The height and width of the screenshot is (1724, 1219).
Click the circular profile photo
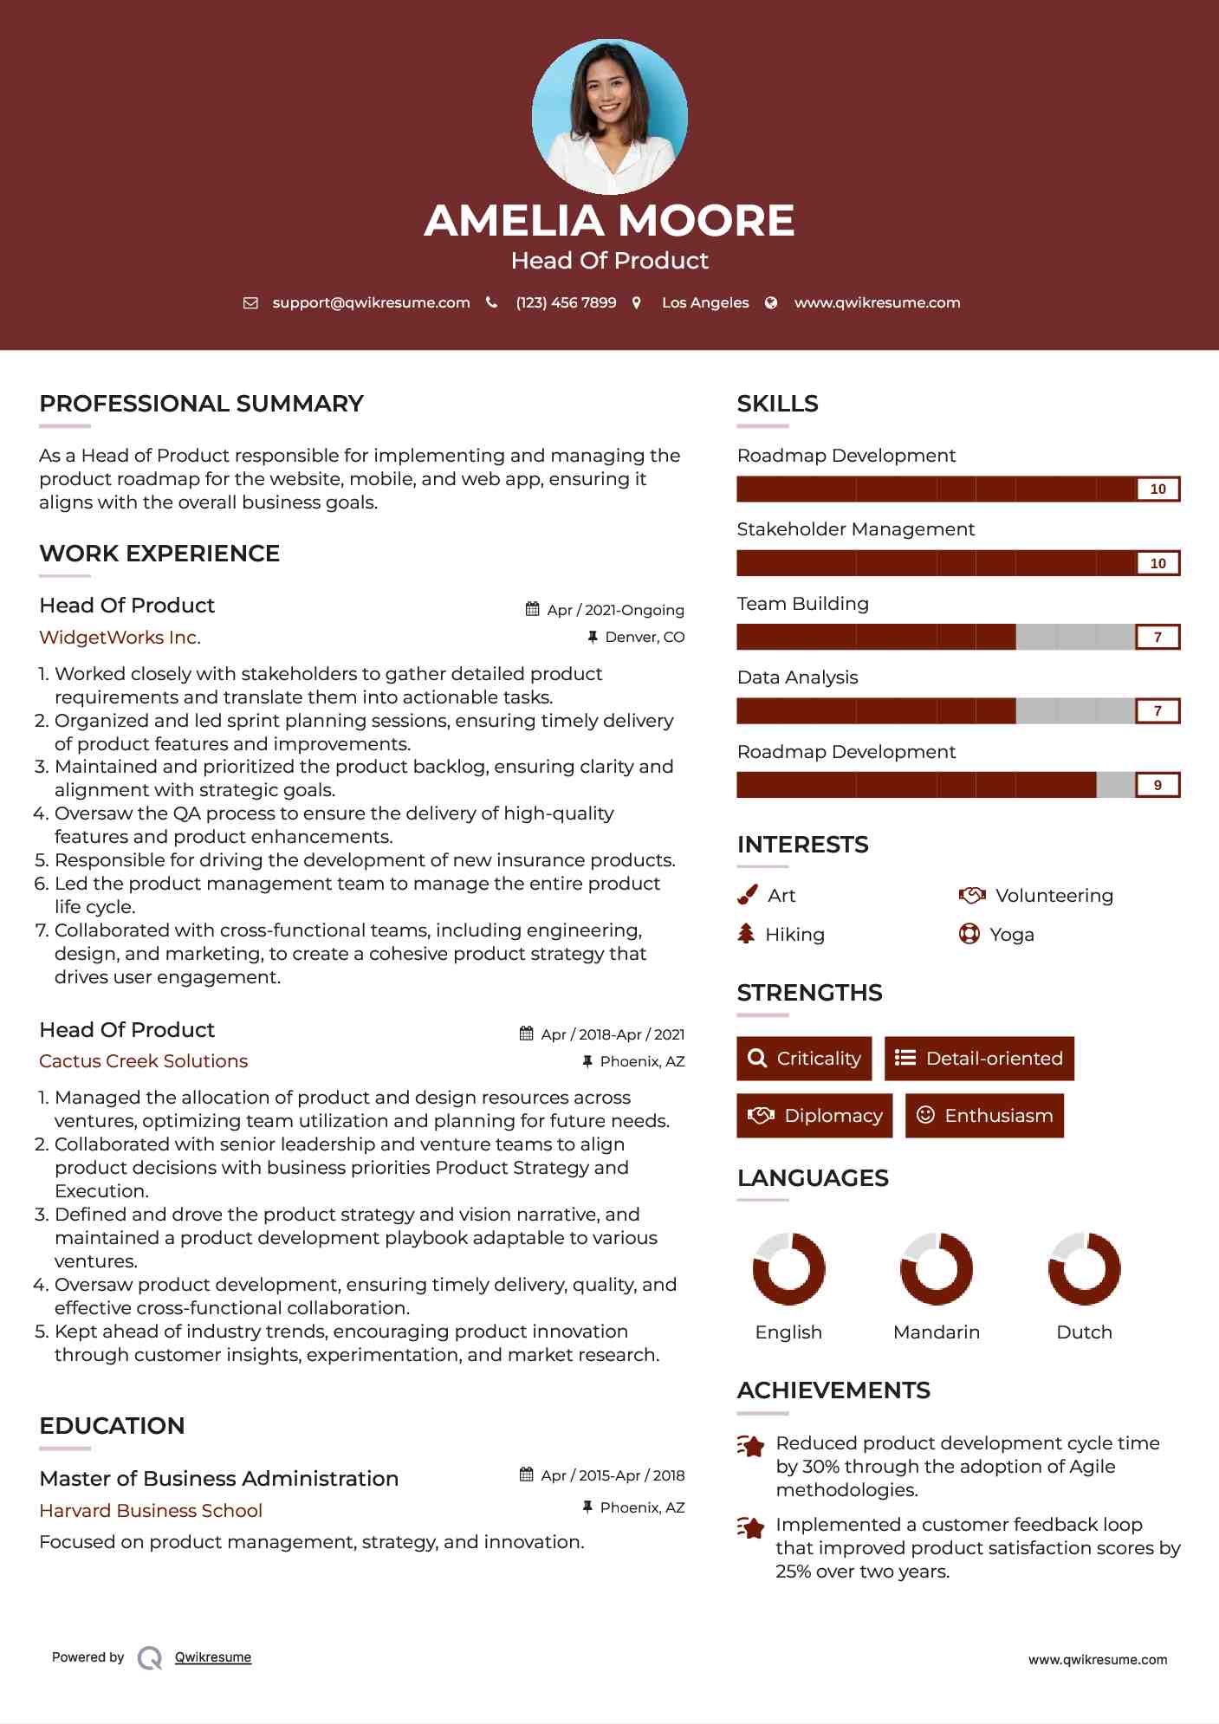click(x=609, y=116)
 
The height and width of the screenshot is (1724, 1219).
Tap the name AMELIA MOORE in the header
click(x=609, y=220)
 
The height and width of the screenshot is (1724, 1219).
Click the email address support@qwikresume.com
click(x=371, y=302)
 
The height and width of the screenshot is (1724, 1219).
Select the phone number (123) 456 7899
click(x=566, y=302)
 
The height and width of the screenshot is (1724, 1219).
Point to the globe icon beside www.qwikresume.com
click(x=771, y=302)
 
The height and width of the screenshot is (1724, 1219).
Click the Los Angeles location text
click(x=705, y=302)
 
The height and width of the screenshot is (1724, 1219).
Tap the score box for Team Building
click(x=1157, y=637)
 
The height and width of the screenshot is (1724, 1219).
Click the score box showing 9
click(x=1157, y=785)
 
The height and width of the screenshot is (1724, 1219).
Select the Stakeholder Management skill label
click(x=855, y=529)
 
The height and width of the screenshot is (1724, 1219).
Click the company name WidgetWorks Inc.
click(x=120, y=638)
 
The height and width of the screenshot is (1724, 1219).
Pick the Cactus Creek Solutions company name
click(x=143, y=1061)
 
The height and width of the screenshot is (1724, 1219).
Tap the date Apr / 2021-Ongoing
click(x=615, y=610)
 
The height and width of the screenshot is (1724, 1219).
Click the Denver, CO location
click(x=644, y=637)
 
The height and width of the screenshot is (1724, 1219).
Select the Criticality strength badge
click(x=804, y=1059)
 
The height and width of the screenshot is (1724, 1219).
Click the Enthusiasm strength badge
click(x=984, y=1116)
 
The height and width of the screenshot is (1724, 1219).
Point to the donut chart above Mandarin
click(x=937, y=1269)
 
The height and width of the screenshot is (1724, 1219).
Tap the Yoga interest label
click(x=1011, y=935)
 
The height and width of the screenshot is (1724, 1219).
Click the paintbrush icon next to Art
click(x=747, y=895)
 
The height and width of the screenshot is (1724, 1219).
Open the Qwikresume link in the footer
click(x=213, y=1657)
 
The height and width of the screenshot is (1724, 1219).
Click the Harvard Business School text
click(x=151, y=1511)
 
